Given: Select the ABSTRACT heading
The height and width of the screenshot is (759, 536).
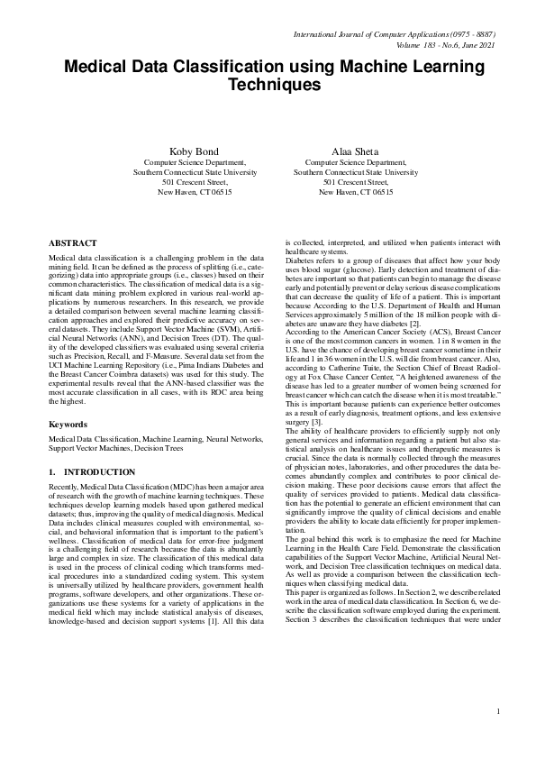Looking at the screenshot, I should (x=74, y=244).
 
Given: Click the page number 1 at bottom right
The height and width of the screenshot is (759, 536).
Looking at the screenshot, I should (x=498, y=712).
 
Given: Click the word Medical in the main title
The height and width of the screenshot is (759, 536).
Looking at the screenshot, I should (x=98, y=68).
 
